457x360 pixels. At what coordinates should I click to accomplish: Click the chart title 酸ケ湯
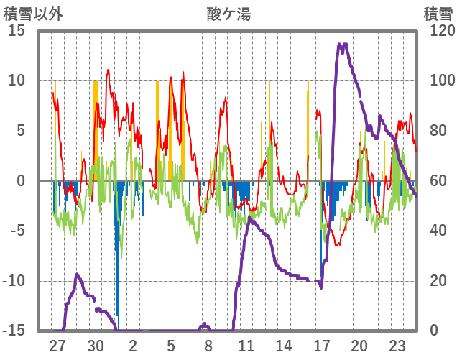click(228, 14)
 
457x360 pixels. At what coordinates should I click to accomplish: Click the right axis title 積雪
click(437, 14)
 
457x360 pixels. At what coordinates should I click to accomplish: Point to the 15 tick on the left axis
click(17, 31)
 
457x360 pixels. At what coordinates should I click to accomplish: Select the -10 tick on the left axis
click(14, 281)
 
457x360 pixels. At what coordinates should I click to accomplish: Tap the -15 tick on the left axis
click(14, 331)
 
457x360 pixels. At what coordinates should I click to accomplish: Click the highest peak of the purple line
click(343, 45)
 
